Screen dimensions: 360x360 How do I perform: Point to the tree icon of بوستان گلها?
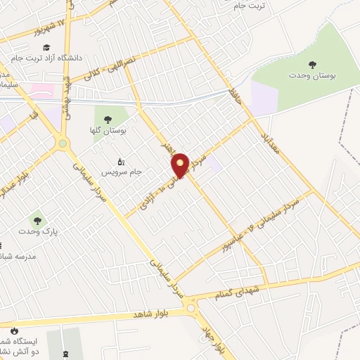[108, 120]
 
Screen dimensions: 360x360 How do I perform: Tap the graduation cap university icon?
[46, 47]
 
